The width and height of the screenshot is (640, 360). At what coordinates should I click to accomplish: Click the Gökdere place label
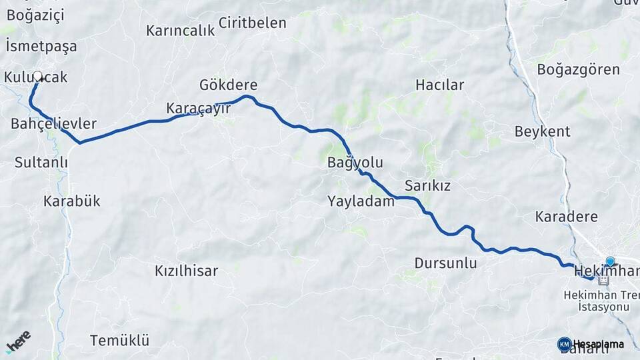(x=228, y=85)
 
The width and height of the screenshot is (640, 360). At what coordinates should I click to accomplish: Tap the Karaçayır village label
(x=198, y=108)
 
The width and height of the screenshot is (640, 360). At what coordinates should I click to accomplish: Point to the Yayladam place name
(x=361, y=201)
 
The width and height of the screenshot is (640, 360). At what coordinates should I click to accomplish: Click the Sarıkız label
(x=427, y=185)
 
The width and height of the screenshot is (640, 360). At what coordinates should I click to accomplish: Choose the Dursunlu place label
(x=445, y=263)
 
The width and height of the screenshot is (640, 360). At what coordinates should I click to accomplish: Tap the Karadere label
(x=566, y=216)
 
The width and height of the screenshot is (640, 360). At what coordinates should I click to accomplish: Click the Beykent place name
(x=542, y=131)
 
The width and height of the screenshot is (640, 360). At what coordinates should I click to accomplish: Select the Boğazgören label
(x=578, y=69)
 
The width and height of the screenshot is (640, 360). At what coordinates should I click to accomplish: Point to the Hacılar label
(x=439, y=85)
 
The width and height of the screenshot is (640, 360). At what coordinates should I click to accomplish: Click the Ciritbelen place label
(x=252, y=23)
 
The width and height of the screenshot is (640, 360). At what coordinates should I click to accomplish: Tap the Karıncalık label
(x=180, y=31)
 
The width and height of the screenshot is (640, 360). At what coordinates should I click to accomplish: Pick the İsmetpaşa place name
(x=41, y=46)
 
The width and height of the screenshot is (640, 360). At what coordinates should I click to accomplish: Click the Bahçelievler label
(x=53, y=124)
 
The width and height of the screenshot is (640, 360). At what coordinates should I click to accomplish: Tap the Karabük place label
(x=71, y=200)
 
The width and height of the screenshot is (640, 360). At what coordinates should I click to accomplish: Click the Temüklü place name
(x=119, y=340)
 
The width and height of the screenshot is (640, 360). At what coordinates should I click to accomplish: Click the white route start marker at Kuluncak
(x=38, y=77)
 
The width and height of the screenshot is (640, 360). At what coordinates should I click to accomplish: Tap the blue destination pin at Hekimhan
(x=610, y=262)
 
